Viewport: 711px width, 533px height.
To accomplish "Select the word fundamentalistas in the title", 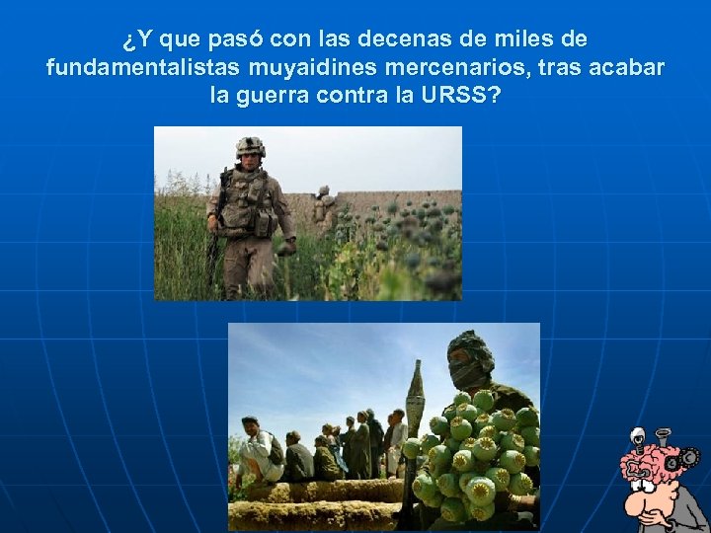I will [x=136, y=68].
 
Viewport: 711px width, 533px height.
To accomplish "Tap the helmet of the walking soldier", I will [x=251, y=146].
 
